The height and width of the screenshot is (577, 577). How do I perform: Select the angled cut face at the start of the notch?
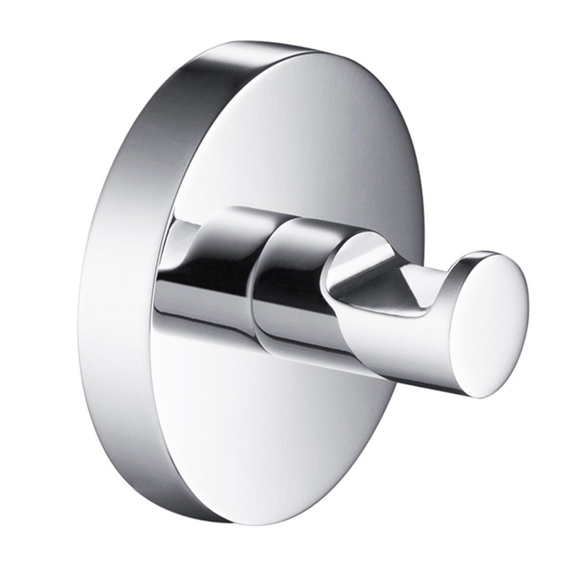click(x=356, y=269)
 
